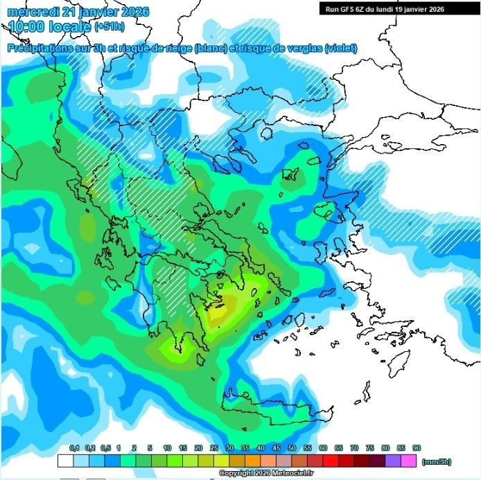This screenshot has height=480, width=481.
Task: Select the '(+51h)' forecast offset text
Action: pos(110,28)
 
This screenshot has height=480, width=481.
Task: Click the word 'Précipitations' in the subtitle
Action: pos(42,48)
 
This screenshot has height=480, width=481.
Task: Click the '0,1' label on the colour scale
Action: pos(75,449)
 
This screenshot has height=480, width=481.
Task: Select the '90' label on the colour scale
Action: pos(416,449)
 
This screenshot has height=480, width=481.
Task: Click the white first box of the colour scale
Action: pos(66,460)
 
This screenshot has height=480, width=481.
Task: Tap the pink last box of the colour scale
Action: pos(408,460)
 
